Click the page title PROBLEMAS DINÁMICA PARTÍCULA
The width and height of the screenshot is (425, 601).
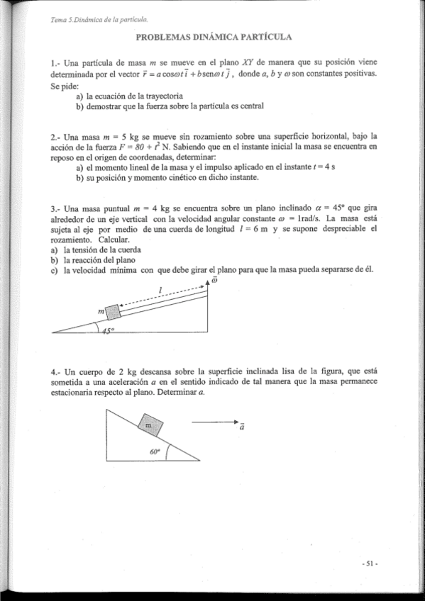click(214, 36)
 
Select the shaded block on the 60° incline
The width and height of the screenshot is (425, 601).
click(150, 425)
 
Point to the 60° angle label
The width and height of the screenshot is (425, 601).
click(155, 450)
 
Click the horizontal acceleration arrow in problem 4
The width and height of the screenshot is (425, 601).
click(214, 422)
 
